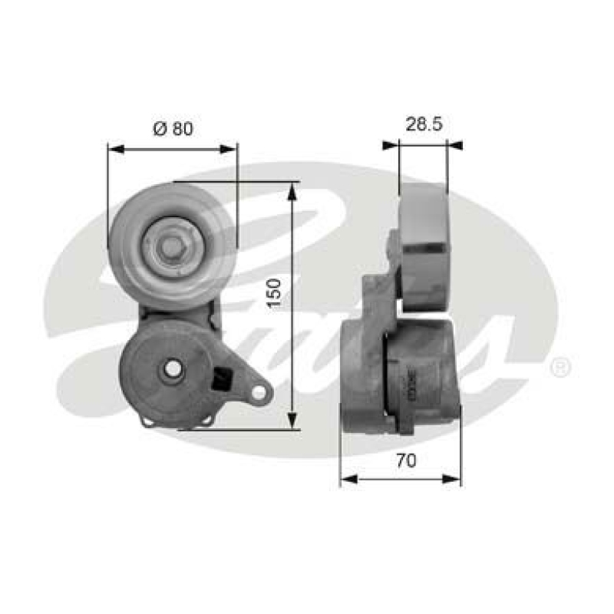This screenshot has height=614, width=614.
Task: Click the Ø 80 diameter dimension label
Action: [173, 128]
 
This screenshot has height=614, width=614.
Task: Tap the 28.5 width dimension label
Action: [423, 123]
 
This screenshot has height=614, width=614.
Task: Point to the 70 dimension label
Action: [407, 460]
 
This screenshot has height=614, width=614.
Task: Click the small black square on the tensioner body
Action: [224, 378]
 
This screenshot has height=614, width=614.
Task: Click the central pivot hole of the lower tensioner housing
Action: [173, 369]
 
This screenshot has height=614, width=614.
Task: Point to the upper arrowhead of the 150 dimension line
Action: [292, 190]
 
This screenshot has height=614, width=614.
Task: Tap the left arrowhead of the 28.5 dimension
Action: [390, 144]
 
